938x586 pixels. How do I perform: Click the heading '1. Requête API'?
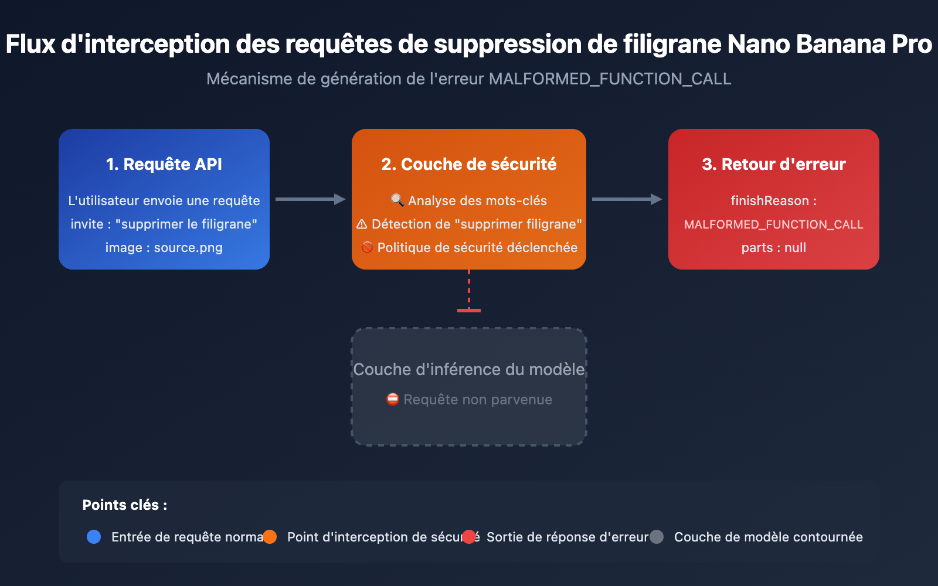(164, 164)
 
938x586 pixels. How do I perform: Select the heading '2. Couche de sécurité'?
(469, 164)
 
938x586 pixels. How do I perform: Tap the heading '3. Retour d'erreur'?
(774, 164)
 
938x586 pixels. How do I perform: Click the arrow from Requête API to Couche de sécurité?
(310, 199)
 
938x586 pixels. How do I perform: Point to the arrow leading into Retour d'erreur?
(627, 199)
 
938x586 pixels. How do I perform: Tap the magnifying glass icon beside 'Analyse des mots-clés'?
(397, 200)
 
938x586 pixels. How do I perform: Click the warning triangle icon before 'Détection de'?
(362, 224)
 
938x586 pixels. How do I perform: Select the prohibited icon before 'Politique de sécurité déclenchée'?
(367, 247)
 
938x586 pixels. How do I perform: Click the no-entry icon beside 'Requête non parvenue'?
(393, 399)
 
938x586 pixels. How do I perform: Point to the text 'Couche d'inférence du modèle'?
(469, 369)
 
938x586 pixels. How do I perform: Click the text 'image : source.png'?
(164, 247)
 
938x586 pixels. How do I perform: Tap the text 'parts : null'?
(774, 247)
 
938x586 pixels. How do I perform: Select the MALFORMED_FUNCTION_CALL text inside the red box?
(774, 224)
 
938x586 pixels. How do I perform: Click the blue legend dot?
(94, 537)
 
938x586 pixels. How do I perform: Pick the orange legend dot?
(270, 537)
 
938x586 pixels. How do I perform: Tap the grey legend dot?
(657, 537)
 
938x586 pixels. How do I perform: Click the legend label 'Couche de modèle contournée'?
(768, 537)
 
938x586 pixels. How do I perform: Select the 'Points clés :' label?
(125, 505)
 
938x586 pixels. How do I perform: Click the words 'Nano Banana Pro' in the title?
(829, 44)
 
